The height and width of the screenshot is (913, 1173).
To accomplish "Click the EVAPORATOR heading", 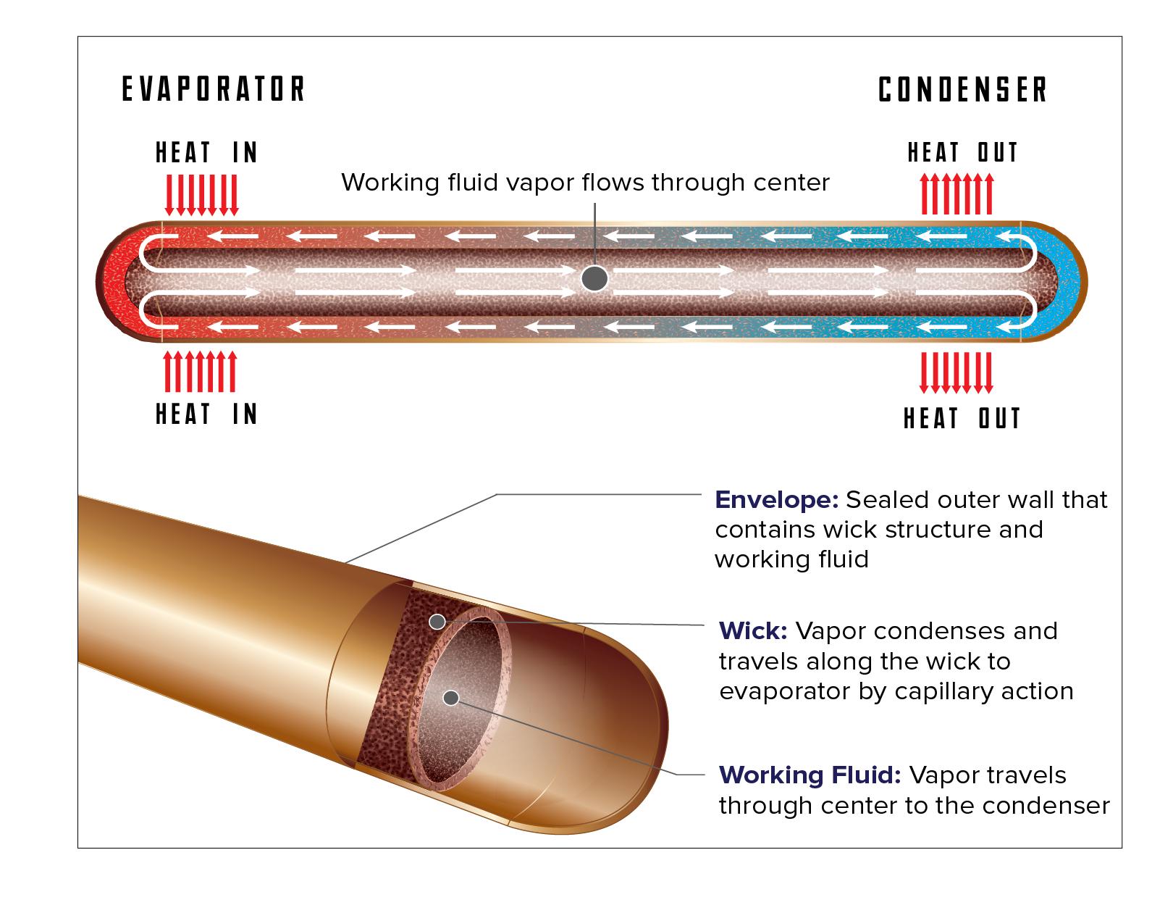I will (x=214, y=89).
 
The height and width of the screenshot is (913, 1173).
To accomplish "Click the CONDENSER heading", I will (x=963, y=91).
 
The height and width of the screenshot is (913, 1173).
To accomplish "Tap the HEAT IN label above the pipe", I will (x=207, y=153).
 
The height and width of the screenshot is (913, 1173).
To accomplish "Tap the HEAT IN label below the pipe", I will (x=207, y=414).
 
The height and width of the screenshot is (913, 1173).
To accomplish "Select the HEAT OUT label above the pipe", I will (x=963, y=153).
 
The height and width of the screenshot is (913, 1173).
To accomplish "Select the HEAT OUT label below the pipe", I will (x=962, y=419).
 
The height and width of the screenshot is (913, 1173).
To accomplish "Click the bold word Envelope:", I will (x=776, y=500).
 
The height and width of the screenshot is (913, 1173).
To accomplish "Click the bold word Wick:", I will (x=753, y=630).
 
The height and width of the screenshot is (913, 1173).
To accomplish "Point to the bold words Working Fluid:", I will (x=810, y=775).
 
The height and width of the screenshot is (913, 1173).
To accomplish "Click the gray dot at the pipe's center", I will (x=595, y=278).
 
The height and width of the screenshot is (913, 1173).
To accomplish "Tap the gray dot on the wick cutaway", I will (x=437, y=621).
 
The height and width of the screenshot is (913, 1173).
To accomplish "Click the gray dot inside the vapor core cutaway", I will (x=451, y=698).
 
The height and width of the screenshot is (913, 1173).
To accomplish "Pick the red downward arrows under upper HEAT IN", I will (x=202, y=194).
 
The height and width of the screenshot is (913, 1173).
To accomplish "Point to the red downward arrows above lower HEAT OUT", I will (x=956, y=371).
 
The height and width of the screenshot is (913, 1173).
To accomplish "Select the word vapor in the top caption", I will (x=531, y=182).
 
